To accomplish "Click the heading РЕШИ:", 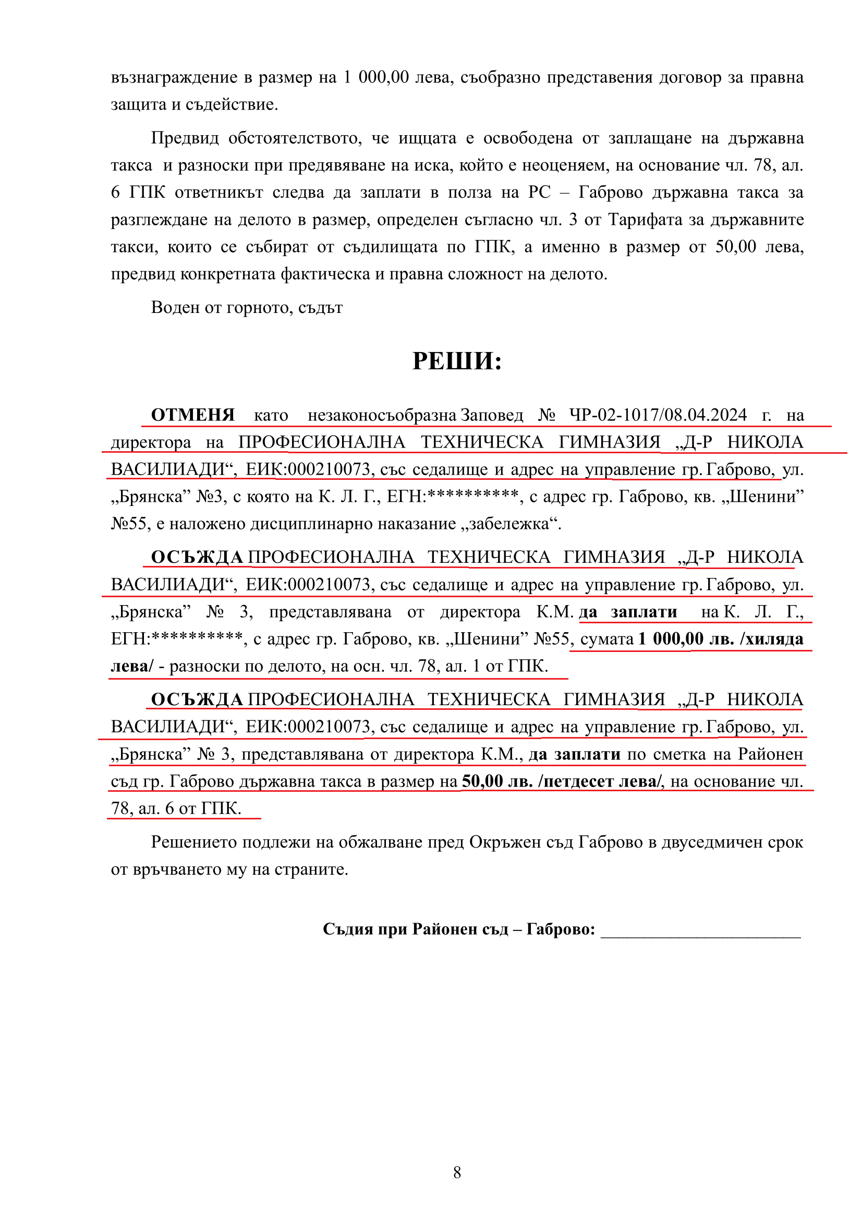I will [457, 361].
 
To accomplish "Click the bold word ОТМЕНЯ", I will [193, 415].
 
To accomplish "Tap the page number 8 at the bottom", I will [457, 1172].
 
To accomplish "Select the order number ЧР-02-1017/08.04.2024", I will [658, 415].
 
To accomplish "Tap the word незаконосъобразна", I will [382, 415].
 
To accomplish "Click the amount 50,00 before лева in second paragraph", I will [736, 247].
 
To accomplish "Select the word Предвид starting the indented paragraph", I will [184, 138].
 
